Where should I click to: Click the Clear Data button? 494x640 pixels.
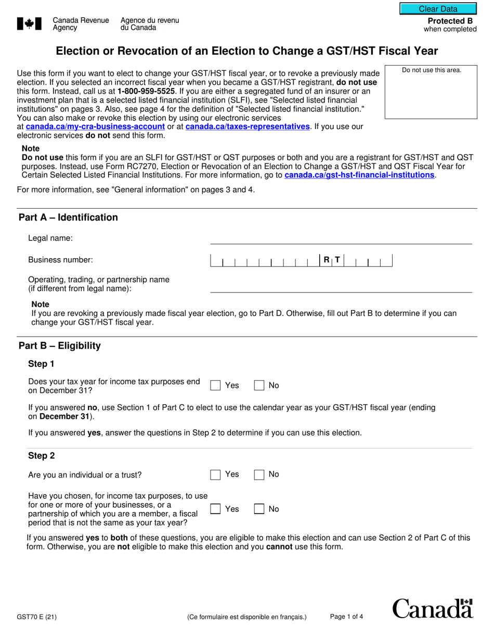click(x=438, y=9)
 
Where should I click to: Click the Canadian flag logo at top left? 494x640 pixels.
click(x=30, y=23)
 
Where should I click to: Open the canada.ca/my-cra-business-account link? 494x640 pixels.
click(x=95, y=126)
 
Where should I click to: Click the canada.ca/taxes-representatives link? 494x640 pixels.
click(x=248, y=126)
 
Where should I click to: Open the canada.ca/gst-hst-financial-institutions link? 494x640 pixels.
click(x=359, y=175)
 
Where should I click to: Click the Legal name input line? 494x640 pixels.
click(x=341, y=238)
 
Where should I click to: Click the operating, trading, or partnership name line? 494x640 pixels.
click(x=341, y=287)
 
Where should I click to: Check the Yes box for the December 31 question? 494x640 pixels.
click(x=215, y=386)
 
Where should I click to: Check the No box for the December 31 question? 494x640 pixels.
click(x=259, y=386)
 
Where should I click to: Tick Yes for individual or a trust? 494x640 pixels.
click(x=215, y=475)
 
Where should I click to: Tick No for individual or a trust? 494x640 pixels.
click(x=259, y=475)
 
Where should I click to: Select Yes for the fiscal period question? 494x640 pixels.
click(x=215, y=509)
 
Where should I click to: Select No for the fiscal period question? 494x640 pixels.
click(x=259, y=509)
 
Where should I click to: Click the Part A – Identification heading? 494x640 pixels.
click(x=68, y=217)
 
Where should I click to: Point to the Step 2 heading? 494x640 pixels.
click(x=41, y=456)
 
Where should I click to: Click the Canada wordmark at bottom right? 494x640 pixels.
click(x=432, y=609)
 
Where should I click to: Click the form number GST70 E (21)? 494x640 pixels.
click(x=37, y=618)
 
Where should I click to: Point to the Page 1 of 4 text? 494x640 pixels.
click(x=346, y=617)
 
